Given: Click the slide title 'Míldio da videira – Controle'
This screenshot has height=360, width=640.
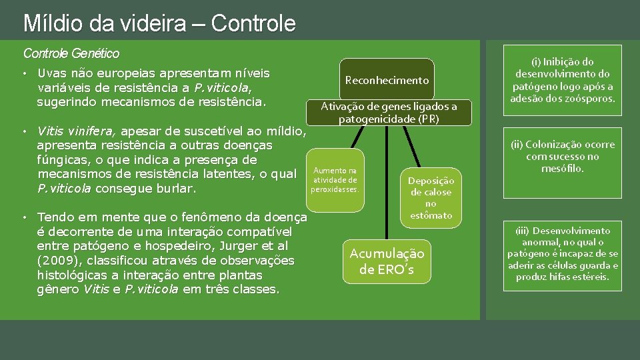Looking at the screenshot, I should pos(159,23).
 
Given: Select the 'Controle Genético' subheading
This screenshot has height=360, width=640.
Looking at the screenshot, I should pos(71,53).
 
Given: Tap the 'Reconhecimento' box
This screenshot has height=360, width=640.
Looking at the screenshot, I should pos(387,80).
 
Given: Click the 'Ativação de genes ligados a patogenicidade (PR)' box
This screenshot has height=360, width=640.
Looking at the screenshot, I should pos(389,113).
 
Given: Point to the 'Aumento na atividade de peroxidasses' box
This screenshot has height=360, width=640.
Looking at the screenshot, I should pos(335,180).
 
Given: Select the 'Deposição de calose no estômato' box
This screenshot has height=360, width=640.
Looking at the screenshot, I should pos(431,198).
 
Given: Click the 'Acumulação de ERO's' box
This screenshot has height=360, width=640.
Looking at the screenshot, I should pos(387,261).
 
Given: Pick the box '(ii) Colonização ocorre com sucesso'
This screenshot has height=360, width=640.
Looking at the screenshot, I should pos(563,157).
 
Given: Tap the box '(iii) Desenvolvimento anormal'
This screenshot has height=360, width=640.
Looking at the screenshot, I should pos(563,253).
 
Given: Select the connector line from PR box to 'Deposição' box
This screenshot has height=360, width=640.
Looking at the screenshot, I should pos(413,147).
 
